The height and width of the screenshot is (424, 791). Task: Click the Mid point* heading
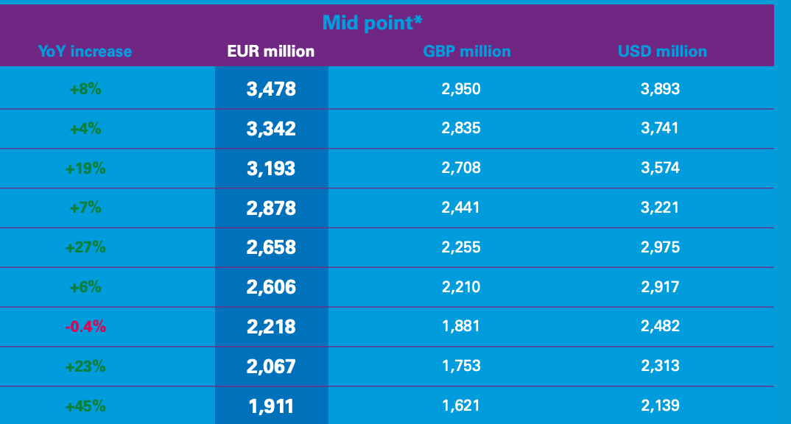coord(372,22)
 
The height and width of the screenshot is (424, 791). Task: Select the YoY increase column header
coord(85,52)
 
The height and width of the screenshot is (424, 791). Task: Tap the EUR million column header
coord(271,52)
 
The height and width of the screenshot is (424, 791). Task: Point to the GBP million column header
coord(467,52)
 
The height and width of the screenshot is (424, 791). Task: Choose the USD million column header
coord(662,52)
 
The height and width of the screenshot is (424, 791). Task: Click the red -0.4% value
coord(85,327)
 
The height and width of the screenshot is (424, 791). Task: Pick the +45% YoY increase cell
coord(85,406)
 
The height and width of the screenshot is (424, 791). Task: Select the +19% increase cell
coord(85,169)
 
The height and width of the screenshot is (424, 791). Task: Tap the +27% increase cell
coord(85,247)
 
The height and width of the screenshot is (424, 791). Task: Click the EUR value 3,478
coord(271,90)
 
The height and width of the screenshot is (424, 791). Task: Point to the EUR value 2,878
coord(271,208)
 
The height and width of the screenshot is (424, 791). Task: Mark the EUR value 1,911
coord(271,406)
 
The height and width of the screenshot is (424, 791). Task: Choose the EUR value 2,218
coord(271,327)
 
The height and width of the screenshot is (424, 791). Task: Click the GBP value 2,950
coord(461,90)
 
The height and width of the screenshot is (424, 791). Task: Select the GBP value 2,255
coord(461,247)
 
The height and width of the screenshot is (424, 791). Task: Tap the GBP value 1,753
coord(461,366)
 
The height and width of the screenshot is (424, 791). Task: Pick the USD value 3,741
coord(660,129)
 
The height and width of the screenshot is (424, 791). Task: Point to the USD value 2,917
coord(660,287)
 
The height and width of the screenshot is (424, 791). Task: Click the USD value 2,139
coord(660,406)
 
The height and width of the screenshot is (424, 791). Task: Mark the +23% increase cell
coord(85,366)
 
